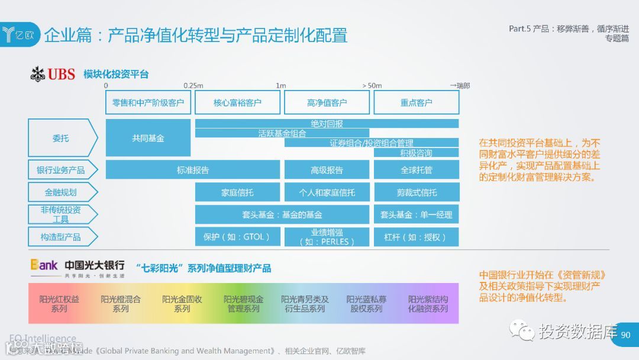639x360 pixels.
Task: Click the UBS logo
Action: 53,74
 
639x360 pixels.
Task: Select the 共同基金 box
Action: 148,138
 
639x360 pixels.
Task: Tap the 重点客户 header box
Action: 416,102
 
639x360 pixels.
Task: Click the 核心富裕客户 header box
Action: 237,102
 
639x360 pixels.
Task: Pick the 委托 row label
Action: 61,138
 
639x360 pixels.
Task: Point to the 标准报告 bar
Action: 193,170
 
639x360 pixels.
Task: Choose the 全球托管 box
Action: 416,170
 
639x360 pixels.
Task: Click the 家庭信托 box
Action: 237,192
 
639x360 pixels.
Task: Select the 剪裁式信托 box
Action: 416,192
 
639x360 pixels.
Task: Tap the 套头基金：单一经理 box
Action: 416,214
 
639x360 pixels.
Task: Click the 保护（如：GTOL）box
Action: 237,237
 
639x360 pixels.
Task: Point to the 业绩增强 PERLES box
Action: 327,237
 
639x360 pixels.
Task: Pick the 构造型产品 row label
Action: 61,237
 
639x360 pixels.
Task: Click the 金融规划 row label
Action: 61,192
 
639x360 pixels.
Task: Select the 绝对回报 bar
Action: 327,123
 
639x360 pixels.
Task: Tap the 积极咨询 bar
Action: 416,153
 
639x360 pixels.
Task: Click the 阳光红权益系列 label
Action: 59,304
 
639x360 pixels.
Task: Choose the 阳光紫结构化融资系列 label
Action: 428,304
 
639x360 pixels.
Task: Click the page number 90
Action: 625,335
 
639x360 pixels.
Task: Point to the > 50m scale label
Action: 372,85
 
